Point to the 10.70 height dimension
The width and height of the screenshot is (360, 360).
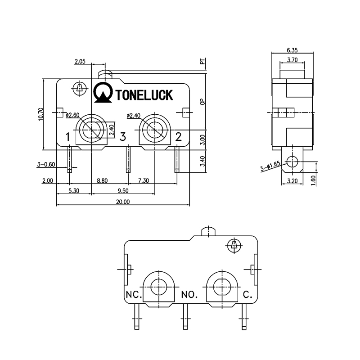click(x=40, y=114)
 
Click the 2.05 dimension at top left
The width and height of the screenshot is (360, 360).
click(x=80, y=62)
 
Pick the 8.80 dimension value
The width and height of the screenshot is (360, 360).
click(x=103, y=180)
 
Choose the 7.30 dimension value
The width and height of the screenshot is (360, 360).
click(x=144, y=180)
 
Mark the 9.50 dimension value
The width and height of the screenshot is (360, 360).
click(x=123, y=191)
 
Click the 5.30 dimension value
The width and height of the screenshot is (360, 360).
click(x=74, y=191)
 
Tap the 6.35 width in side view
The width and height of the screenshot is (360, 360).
click(x=291, y=50)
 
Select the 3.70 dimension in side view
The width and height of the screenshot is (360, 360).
click(x=292, y=59)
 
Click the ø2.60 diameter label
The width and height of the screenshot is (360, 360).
click(x=72, y=116)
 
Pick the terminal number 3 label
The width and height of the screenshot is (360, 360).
click(x=122, y=136)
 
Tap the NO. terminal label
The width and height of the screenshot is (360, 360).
click(x=189, y=296)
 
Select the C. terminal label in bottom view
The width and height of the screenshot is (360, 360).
click(x=247, y=296)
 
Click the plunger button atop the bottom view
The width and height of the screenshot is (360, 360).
click(x=207, y=232)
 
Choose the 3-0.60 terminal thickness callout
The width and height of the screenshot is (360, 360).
click(x=46, y=165)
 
